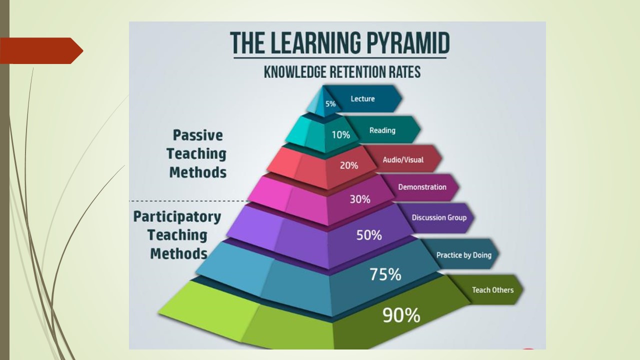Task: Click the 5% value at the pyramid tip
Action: pos(330,103)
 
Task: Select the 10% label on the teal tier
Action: pos(341,134)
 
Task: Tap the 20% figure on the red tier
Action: pos(349,165)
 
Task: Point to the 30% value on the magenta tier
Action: pos(360,199)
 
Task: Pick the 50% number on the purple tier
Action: pos(369,235)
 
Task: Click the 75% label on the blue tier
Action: pos(385,274)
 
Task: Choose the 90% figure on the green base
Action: pos(401,315)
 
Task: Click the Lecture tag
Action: pos(362,98)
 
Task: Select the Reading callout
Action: pos(382,130)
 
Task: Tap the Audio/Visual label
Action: pos(403,159)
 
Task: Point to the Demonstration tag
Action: pos(422,187)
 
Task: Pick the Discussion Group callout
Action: pos(439,217)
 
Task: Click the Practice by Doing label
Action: pos(464,255)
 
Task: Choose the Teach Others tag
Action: pos(493,290)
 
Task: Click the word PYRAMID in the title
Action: pos(408,43)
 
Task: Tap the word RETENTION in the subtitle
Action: pos(358,71)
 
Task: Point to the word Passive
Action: pos(197,135)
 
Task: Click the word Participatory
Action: pos(177,217)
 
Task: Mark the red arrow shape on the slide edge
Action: pos(41,50)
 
